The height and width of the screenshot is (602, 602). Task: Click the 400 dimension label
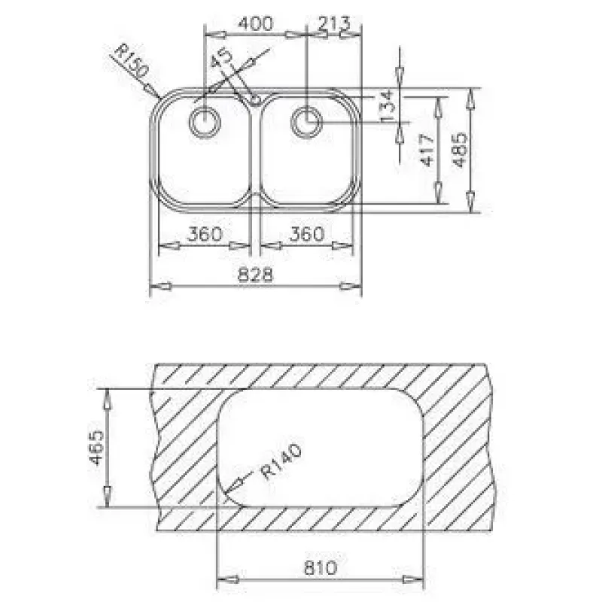[x=255, y=23]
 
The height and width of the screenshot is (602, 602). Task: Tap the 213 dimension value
[x=334, y=23]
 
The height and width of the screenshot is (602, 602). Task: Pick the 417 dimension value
[x=427, y=150]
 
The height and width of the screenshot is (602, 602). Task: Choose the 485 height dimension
[x=460, y=150]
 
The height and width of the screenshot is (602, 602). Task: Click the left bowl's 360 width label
[x=205, y=234]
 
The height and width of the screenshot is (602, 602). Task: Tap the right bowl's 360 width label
[x=307, y=234]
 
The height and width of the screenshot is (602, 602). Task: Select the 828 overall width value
[x=255, y=275]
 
